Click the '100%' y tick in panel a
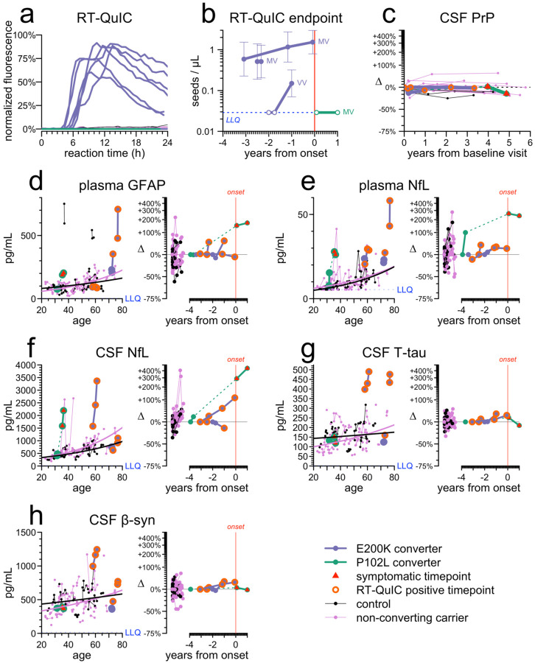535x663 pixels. click(24, 35)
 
